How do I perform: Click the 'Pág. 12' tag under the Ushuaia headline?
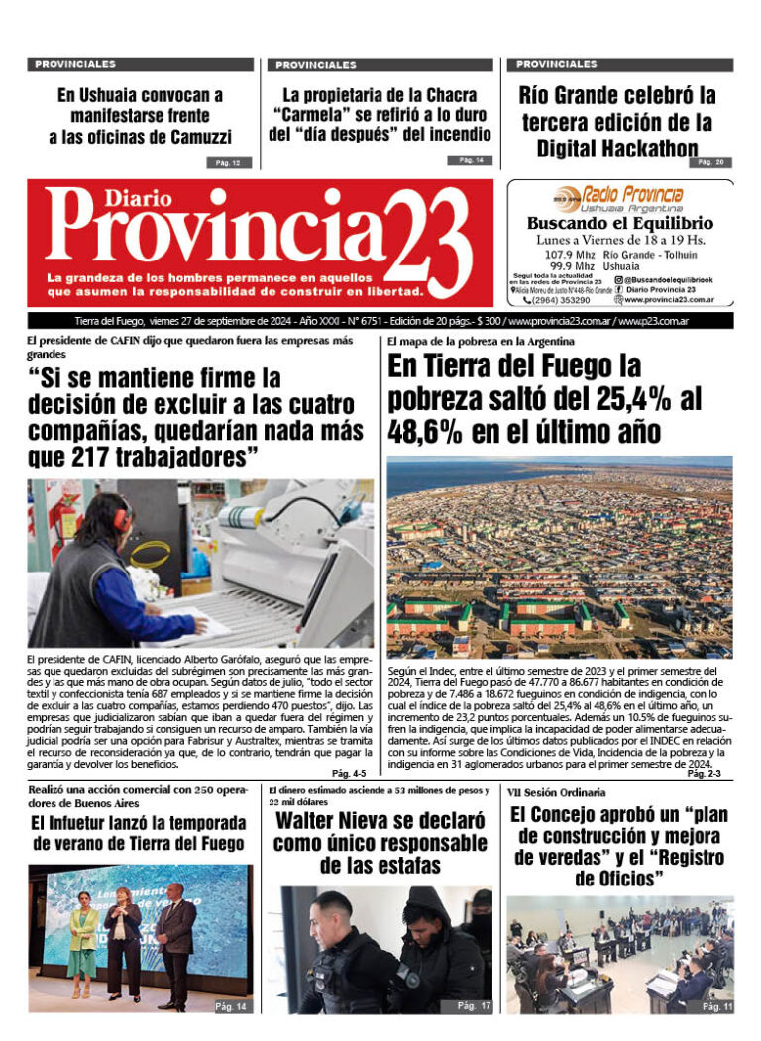coord(227,162)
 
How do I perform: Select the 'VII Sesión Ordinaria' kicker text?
coord(557,793)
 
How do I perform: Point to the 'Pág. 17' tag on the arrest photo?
coord(473,1006)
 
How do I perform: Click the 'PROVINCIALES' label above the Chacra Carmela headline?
coord(316,65)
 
